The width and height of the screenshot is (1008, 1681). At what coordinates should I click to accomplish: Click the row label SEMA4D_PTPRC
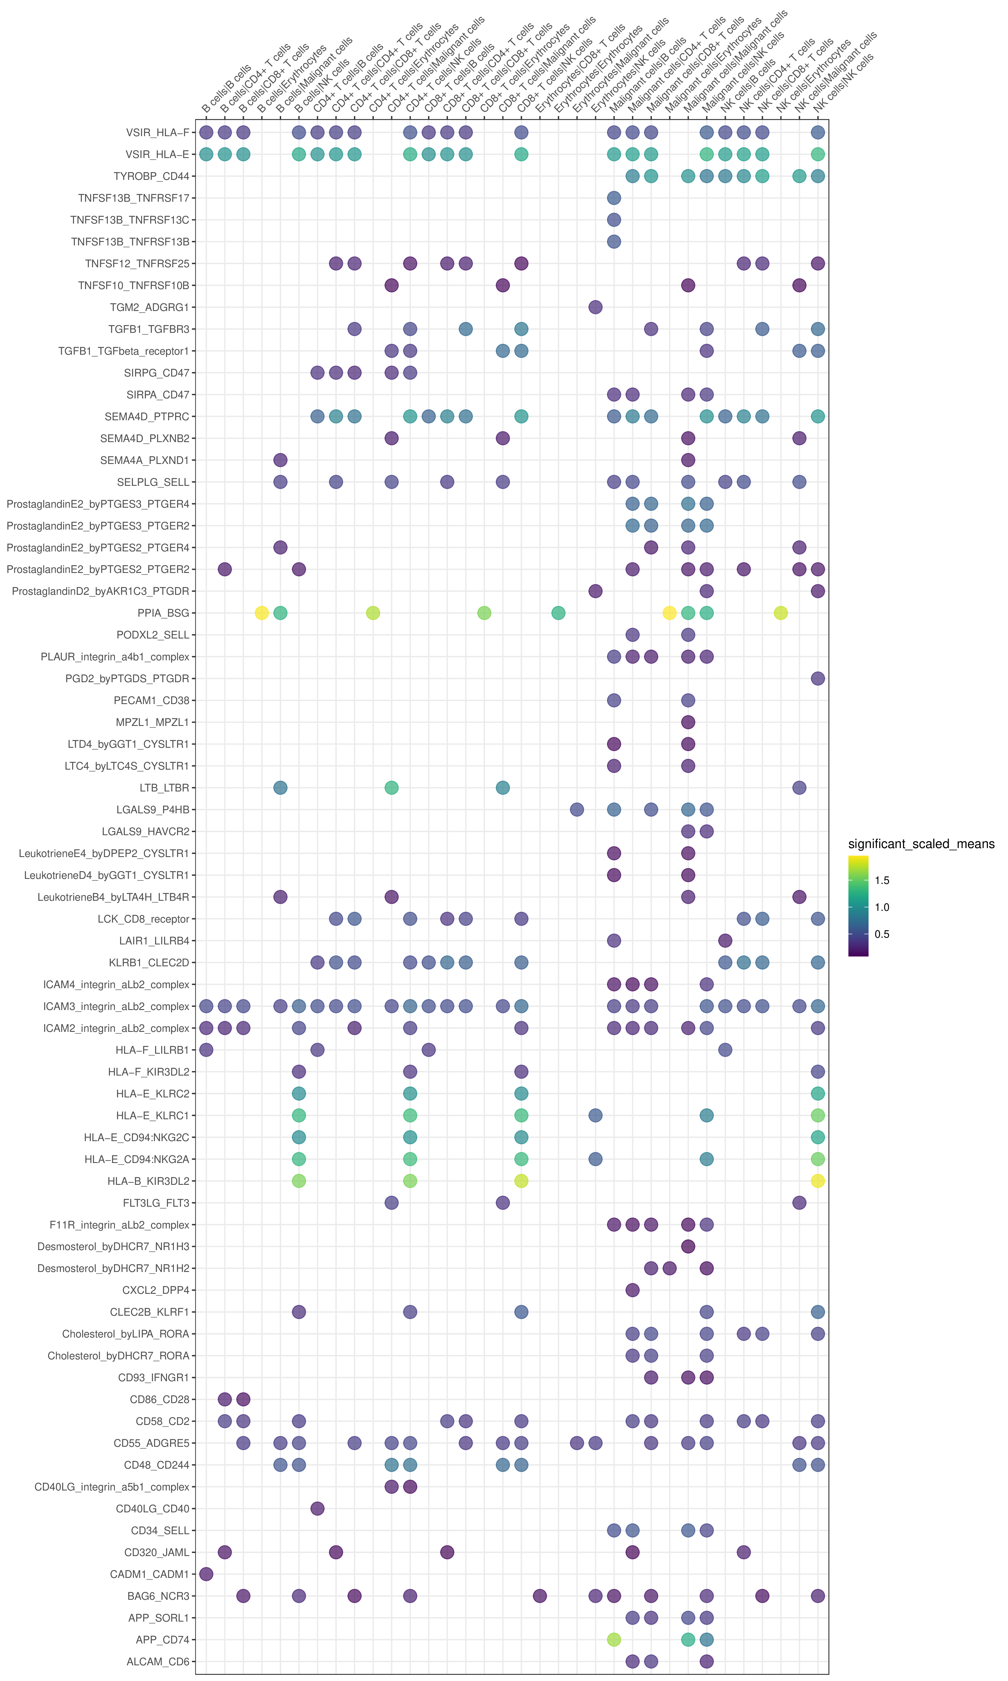click(x=147, y=417)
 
